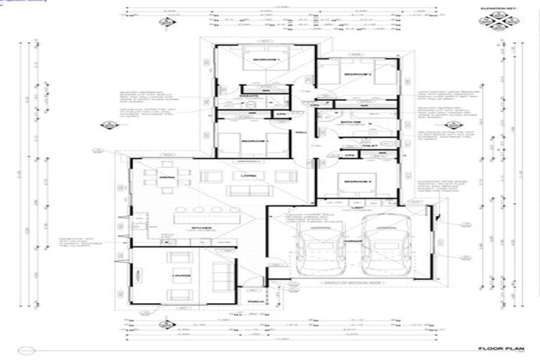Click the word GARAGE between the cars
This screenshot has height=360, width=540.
point(353,240)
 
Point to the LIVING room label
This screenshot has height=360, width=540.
point(247,175)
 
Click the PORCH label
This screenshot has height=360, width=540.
point(254,302)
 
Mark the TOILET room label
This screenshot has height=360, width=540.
point(371,146)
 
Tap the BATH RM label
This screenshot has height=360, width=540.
point(351,122)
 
